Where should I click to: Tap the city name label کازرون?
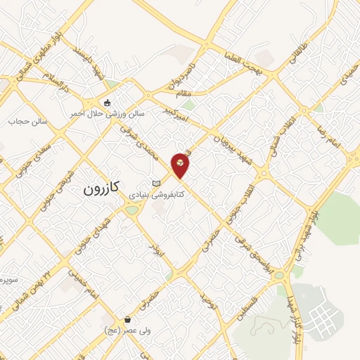(x=103, y=188)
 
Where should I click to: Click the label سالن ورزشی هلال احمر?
(x=107, y=112)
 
